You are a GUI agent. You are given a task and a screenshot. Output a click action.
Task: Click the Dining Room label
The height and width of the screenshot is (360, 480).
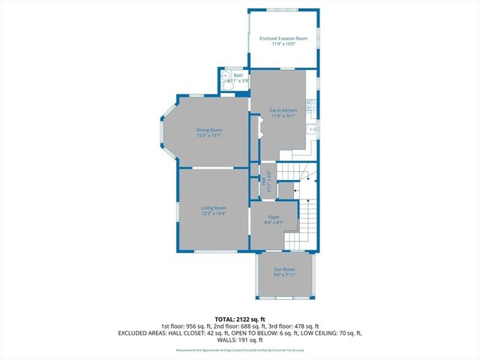tap(209, 130)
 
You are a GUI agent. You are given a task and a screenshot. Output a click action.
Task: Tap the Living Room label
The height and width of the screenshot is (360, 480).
tap(214, 208)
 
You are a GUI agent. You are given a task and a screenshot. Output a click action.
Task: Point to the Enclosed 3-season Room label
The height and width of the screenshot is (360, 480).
tap(278, 38)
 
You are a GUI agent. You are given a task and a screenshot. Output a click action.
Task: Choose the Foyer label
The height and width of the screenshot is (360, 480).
tap(274, 217)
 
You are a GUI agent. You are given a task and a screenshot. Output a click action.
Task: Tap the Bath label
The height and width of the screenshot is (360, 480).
tap(238, 75)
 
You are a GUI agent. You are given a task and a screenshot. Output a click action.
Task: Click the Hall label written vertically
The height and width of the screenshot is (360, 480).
tap(262, 181)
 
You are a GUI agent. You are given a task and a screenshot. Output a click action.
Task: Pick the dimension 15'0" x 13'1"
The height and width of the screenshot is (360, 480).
tap(209, 136)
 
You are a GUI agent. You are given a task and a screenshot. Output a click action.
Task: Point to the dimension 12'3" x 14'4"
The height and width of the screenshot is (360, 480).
tap(214, 214)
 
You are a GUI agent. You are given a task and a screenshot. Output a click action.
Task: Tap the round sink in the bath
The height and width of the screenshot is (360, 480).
tap(224, 76)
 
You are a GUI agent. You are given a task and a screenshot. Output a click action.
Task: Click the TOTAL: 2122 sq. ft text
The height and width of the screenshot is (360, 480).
tap(239, 319)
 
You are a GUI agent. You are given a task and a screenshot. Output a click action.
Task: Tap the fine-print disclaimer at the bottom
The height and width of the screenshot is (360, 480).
tap(239, 350)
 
